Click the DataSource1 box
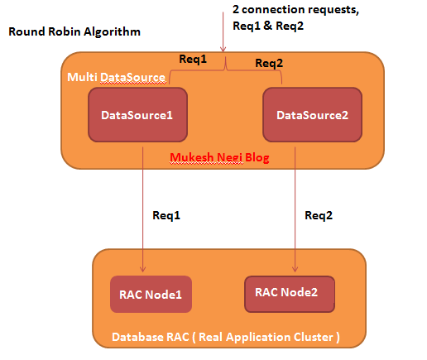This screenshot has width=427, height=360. tap(137, 115)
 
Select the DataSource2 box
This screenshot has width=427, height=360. tap(312, 115)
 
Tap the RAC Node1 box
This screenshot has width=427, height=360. tap(151, 294)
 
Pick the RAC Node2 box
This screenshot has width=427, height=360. tap(290, 294)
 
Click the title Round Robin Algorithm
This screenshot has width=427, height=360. tap(74, 31)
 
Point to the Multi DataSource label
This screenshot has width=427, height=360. tap(116, 77)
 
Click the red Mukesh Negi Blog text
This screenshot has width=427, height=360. tap(219, 157)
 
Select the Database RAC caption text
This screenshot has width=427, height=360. tap(226, 337)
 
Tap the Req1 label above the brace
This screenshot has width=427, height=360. tap(193, 59)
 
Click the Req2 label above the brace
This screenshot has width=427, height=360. tap(269, 63)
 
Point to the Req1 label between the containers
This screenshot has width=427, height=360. tap(166, 215)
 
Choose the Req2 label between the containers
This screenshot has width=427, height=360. tap(319, 215)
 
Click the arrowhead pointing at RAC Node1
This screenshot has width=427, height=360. tap(142, 269)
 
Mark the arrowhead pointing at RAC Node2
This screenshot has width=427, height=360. tap(295, 269)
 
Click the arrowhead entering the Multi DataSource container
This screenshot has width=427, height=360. tap(223, 49)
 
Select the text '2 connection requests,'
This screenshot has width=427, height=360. tap(295, 10)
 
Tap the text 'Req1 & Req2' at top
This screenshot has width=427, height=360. tap(268, 26)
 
